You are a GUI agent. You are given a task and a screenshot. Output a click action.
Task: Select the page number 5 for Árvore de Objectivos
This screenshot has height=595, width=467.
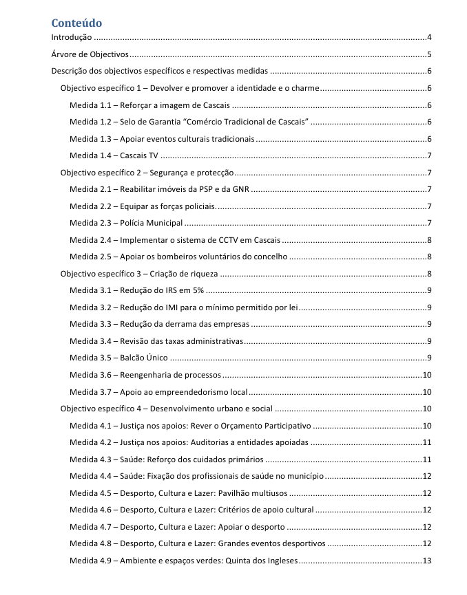pyautogui.click(x=428, y=55)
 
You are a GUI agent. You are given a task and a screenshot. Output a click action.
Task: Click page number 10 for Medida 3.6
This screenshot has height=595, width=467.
pyautogui.click(x=426, y=375)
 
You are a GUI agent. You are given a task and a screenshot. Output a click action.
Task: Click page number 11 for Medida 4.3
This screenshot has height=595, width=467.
pyautogui.click(x=426, y=459)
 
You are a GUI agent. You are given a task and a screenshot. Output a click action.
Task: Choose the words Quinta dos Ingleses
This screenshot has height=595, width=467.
pyautogui.click(x=259, y=561)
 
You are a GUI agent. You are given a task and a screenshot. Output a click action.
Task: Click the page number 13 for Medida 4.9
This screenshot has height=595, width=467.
pyautogui.click(x=426, y=561)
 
